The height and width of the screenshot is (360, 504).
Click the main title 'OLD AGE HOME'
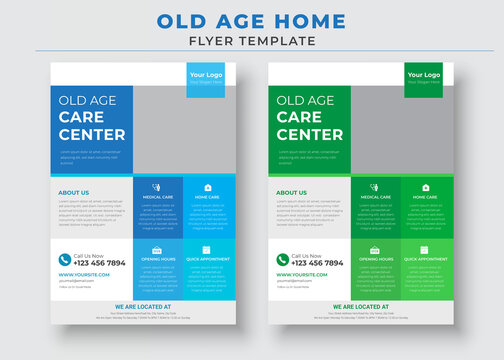(251, 21)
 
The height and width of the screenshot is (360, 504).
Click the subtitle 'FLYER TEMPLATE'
(251, 40)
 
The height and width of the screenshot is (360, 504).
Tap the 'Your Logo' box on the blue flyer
(207, 77)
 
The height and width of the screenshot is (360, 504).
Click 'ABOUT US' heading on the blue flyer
(74, 192)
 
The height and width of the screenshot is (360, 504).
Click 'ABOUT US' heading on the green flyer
(292, 192)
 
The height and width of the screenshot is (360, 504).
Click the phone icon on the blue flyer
(65, 260)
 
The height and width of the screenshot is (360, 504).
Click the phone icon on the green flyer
(283, 260)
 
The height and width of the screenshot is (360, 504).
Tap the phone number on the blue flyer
(100, 263)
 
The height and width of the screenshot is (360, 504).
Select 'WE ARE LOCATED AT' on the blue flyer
(142, 306)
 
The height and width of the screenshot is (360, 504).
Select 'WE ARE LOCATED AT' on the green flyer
(360, 306)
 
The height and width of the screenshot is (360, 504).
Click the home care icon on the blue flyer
(208, 187)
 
